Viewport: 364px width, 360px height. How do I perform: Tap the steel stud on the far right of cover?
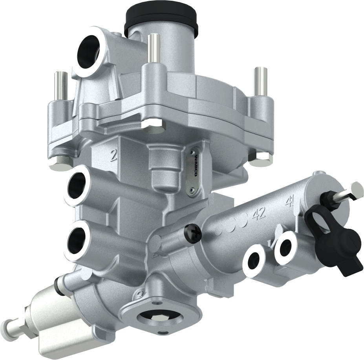tap(260, 81)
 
